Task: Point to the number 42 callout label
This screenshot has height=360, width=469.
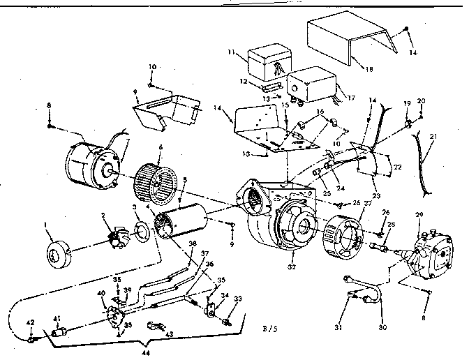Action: coord(29,322)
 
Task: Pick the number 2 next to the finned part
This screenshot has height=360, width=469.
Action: coord(103,216)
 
